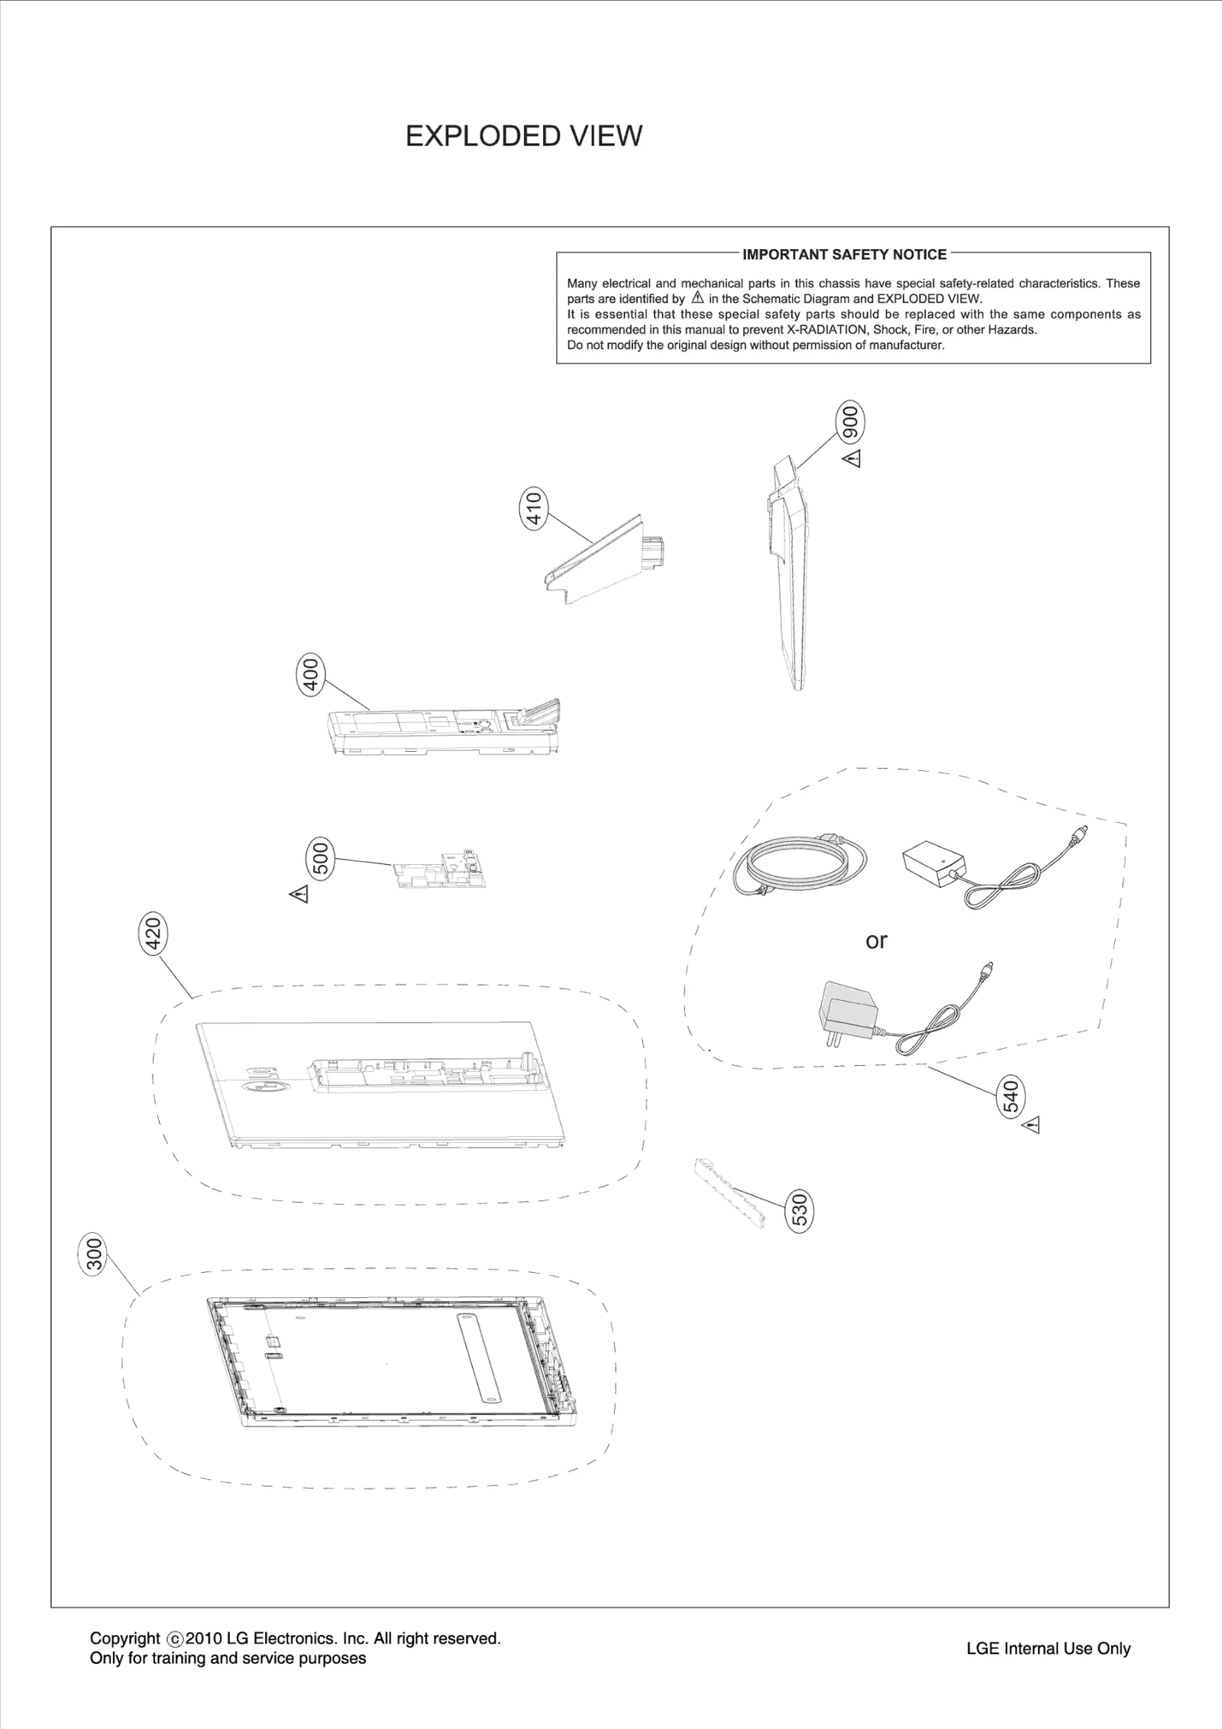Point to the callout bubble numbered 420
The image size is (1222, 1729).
[x=153, y=934]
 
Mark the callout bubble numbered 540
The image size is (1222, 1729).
[x=1010, y=1097]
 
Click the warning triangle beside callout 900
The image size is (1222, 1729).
[x=852, y=459]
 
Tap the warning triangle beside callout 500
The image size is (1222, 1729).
[x=299, y=893]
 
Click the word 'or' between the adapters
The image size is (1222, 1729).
[x=876, y=941]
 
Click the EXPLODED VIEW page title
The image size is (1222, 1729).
[x=523, y=136]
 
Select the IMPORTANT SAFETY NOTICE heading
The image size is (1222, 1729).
[x=844, y=254]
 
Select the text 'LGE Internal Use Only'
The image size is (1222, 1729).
[x=1048, y=1649]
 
